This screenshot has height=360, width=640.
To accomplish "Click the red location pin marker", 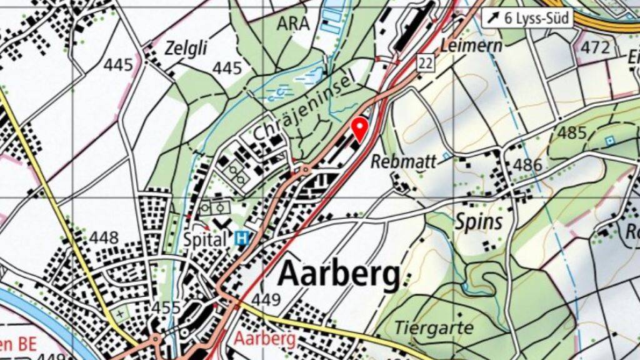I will (359, 127).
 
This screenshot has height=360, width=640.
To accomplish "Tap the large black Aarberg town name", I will (338, 274).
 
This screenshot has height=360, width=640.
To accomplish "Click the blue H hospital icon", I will (240, 237).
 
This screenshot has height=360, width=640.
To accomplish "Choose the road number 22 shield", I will (426, 61).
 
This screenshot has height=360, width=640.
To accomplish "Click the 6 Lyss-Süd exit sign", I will (529, 18).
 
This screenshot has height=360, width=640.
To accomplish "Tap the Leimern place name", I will (463, 45).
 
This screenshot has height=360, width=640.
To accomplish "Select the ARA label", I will (292, 24).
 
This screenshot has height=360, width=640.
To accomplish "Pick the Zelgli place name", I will (186, 47).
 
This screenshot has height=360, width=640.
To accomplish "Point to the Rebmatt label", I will (403, 161).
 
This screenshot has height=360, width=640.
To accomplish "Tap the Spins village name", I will (478, 222).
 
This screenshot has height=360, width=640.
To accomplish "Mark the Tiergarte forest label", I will (434, 327).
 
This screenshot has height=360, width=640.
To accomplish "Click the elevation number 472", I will (594, 47).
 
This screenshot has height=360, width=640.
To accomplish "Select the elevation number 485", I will (572, 132).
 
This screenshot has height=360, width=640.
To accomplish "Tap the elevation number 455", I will (166, 307).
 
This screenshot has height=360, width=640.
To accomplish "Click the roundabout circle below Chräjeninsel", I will (305, 169).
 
